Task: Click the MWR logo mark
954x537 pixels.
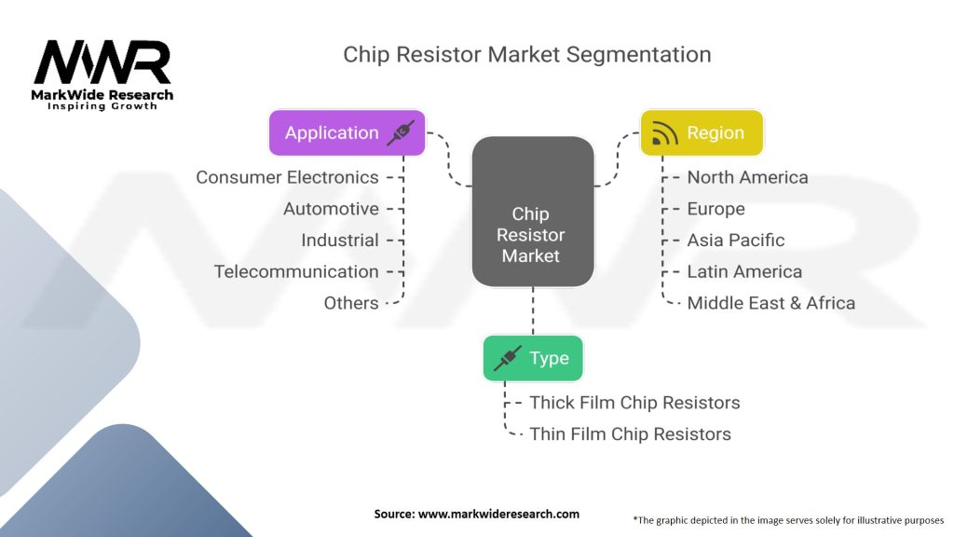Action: click(102, 63)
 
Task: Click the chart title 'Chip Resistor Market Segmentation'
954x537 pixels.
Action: click(526, 54)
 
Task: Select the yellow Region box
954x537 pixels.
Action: click(701, 132)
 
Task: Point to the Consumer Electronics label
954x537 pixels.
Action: click(287, 177)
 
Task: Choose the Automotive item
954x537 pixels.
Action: click(331, 209)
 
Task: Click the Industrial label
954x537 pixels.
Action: click(339, 240)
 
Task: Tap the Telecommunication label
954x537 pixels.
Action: click(296, 271)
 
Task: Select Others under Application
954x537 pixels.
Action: click(350, 303)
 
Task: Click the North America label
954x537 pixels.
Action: click(747, 177)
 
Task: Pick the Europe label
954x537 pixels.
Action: click(715, 209)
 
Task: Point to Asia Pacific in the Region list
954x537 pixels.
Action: click(735, 240)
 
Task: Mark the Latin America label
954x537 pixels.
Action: click(743, 271)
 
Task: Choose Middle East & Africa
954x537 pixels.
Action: click(770, 303)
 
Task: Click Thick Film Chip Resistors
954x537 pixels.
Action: click(634, 403)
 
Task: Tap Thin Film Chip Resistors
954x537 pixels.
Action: click(630, 434)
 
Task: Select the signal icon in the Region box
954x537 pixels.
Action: click(664, 133)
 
